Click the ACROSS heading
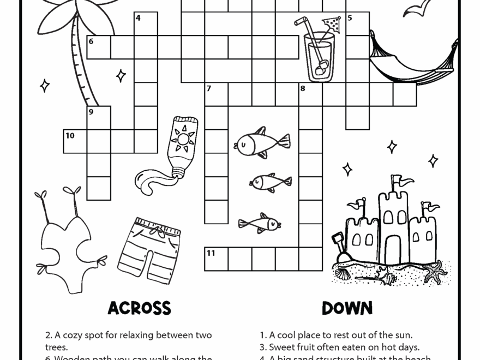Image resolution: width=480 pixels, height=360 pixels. click(139, 308)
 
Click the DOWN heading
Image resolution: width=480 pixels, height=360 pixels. click(347, 308)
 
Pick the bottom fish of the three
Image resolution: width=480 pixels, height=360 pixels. click(260, 223)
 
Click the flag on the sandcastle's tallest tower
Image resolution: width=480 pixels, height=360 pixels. click(396, 181)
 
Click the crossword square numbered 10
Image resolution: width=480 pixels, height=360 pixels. click(75, 141)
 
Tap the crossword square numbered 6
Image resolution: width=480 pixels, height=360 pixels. click(99, 47)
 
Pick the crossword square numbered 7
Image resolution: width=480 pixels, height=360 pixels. click(216, 94)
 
